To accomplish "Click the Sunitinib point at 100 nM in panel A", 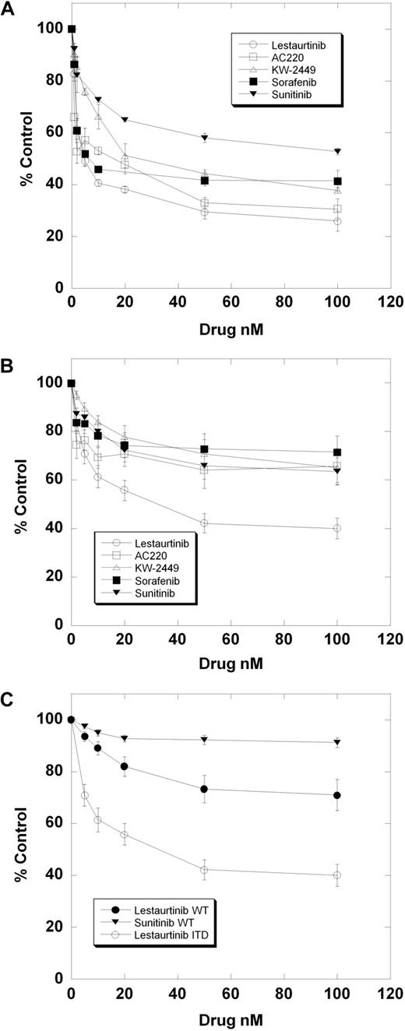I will pos(337,151).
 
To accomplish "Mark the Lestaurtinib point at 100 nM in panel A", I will pos(337,221).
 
